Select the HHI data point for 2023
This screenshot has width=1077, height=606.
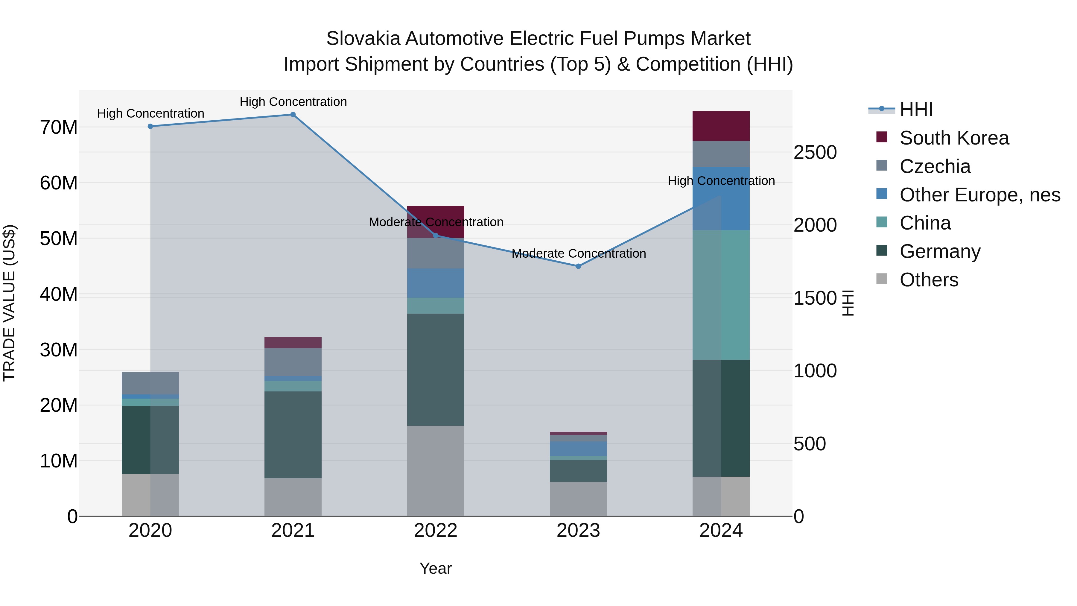[x=578, y=266]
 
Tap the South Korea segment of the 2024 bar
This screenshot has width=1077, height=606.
[x=721, y=126]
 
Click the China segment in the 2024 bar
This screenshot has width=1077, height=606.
[x=721, y=295]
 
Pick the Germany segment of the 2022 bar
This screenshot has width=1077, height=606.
[x=436, y=370]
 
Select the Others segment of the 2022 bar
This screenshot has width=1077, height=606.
[x=436, y=471]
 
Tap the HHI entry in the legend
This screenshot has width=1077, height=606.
[x=916, y=110]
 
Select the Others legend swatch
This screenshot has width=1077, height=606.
[x=881, y=279]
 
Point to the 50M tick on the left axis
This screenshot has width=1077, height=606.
[x=59, y=239]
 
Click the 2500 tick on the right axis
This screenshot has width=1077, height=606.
[x=815, y=152]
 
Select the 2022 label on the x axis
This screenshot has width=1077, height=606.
[x=436, y=531]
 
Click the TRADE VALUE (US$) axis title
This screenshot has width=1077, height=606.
[x=9, y=303]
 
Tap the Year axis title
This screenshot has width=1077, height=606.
[x=436, y=568]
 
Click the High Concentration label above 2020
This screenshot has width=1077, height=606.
[x=150, y=113]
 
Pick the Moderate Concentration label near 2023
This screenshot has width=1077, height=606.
[x=579, y=253]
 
